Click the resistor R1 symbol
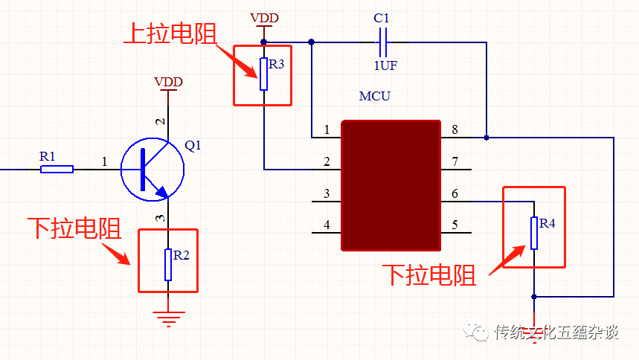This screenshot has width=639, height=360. pyautogui.click(x=57, y=169)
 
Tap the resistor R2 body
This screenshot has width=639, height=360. pyautogui.click(x=168, y=265)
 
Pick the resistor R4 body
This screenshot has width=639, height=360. pyautogui.click(x=533, y=233)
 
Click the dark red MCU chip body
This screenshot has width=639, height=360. pyautogui.click(x=391, y=185)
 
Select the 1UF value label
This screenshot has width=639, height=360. pyautogui.click(x=385, y=65)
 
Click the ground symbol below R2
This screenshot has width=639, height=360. pyautogui.click(x=169, y=319)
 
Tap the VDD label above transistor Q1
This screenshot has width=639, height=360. pyautogui.click(x=168, y=81)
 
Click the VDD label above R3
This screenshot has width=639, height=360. pyautogui.click(x=265, y=17)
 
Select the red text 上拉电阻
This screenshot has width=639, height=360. pyautogui.click(x=169, y=33)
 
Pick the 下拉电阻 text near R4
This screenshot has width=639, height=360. pyautogui.click(x=429, y=275)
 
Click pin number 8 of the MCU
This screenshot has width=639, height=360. pyautogui.click(x=455, y=130)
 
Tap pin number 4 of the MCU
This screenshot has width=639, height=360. pyautogui.click(x=327, y=225)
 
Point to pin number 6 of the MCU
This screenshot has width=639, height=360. pyautogui.click(x=455, y=193)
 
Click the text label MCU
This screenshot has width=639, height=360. pyautogui.click(x=374, y=97)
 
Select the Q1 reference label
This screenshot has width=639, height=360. pyautogui.click(x=193, y=146)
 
